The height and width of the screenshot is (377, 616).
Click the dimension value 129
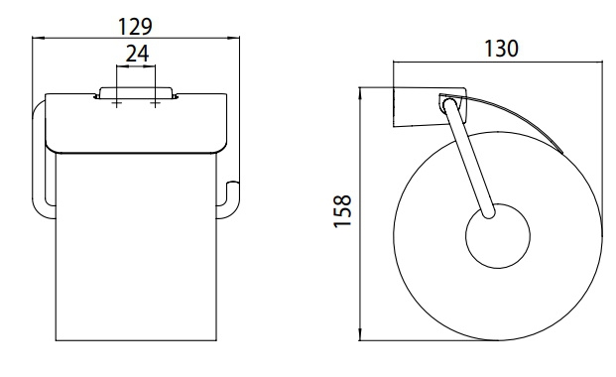point(135,27)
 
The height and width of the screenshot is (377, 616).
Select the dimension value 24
point(137,54)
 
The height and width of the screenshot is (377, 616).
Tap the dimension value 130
point(501,49)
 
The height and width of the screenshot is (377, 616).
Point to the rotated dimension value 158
point(342,211)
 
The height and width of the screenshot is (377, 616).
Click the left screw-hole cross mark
point(116,104)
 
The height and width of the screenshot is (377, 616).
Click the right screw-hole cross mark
point(155,104)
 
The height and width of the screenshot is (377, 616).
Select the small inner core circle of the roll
point(498,236)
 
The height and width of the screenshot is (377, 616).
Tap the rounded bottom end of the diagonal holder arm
point(489,213)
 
